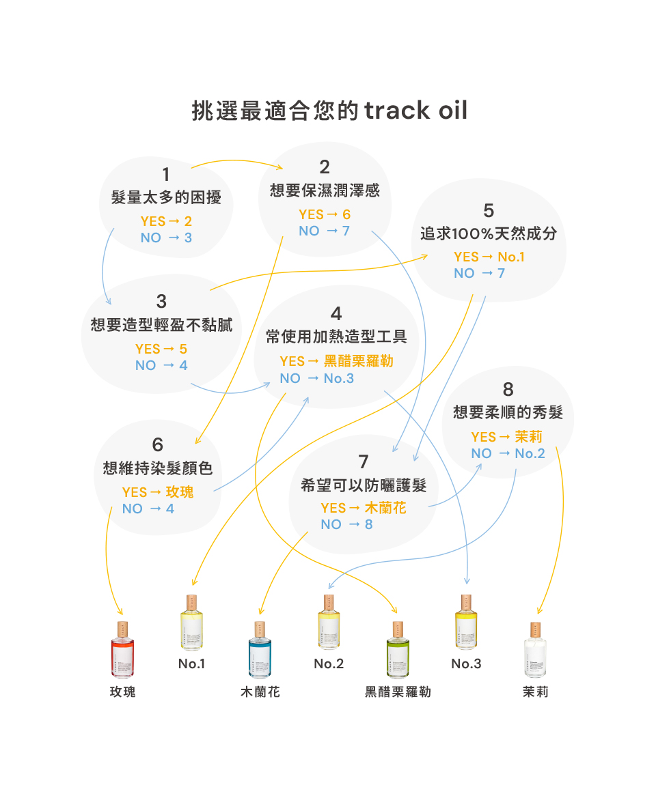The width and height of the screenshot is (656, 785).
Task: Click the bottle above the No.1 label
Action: [192, 623]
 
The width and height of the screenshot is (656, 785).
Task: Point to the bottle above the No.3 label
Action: [466, 623]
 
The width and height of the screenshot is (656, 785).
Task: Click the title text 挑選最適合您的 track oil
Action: [329, 110]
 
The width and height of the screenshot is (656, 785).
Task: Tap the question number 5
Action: [488, 210]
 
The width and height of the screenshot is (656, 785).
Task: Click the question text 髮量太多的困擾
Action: [166, 198]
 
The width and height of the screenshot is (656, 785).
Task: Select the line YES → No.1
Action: [489, 257]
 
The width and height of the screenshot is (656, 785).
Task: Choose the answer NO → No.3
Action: [316, 378]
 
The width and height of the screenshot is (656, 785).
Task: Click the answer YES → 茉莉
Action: [506, 437]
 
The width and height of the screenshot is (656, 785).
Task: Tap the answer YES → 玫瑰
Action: [157, 492]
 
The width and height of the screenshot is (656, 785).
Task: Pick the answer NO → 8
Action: [346, 524]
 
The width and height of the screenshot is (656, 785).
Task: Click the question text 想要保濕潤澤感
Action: [325, 190]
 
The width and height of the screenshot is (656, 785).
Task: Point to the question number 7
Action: [364, 461]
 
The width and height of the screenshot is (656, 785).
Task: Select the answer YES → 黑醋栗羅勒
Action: [336, 361]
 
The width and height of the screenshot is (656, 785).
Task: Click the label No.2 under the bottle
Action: [329, 663]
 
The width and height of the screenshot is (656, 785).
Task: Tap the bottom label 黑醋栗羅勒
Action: [398, 692]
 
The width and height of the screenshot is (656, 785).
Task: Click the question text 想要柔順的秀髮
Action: [508, 413]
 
